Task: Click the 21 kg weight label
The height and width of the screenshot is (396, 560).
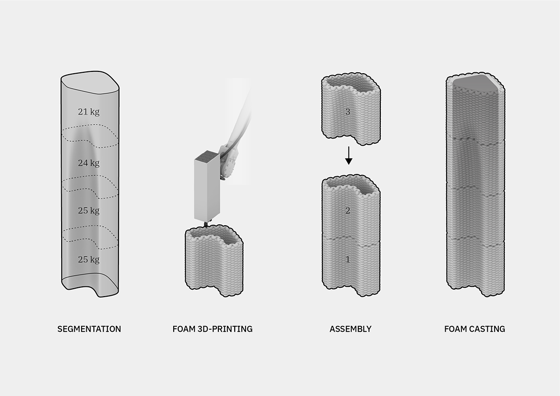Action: click(x=89, y=111)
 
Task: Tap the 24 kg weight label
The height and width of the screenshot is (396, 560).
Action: click(x=89, y=163)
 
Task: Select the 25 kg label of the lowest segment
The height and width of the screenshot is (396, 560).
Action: click(x=89, y=260)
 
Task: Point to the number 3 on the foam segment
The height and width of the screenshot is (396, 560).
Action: click(x=348, y=111)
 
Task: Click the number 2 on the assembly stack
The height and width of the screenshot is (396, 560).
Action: click(x=348, y=211)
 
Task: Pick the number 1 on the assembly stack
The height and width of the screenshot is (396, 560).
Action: click(x=348, y=260)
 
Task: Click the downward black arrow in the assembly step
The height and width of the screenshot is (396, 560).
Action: click(x=349, y=155)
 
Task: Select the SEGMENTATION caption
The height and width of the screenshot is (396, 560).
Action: click(x=89, y=329)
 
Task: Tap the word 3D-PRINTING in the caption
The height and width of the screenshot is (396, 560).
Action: click(x=225, y=329)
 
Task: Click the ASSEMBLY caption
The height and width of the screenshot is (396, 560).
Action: click(x=350, y=329)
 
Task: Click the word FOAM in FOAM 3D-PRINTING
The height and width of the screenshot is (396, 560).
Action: click(x=184, y=329)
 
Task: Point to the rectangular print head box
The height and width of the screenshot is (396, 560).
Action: click(x=207, y=186)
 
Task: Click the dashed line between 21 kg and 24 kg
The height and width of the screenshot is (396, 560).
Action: click(x=90, y=136)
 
